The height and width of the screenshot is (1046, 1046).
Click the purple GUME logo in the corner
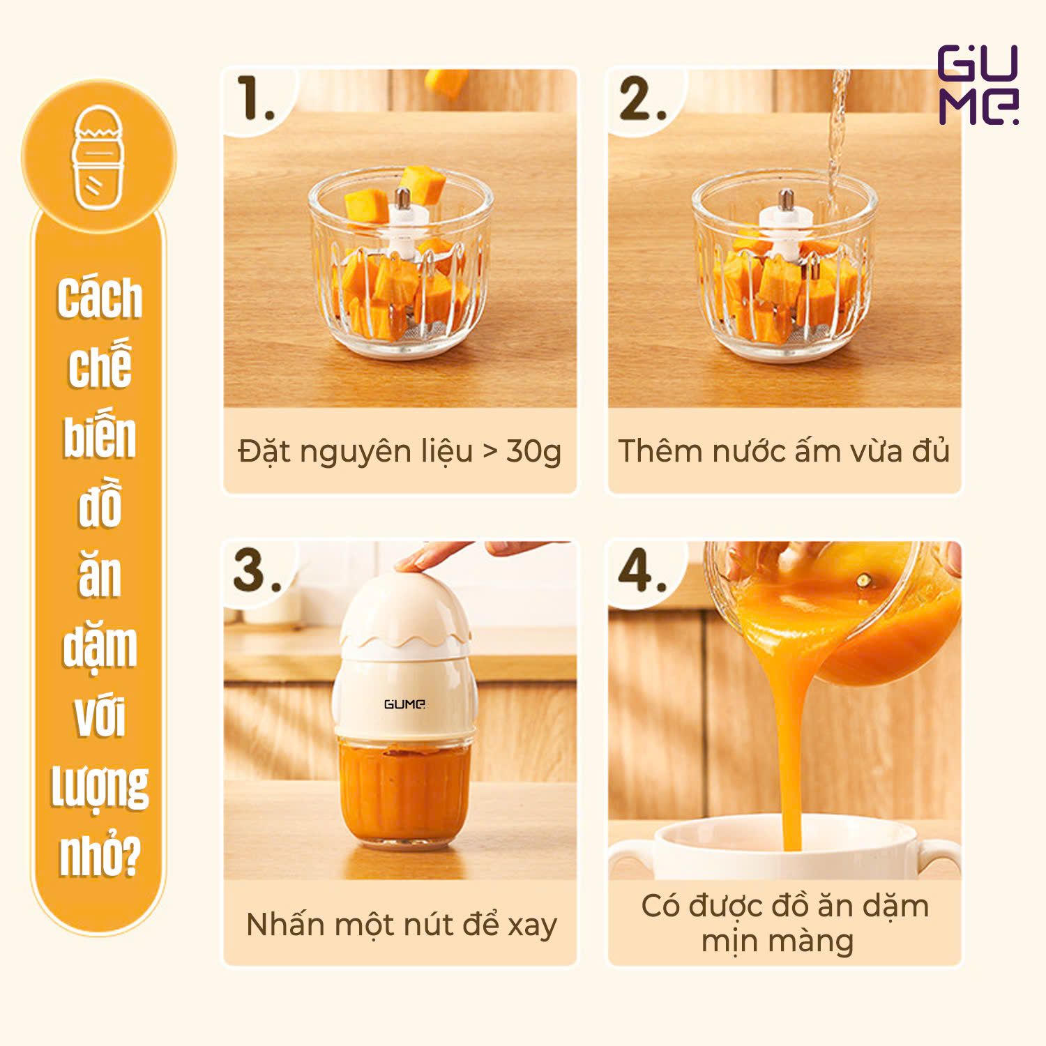tap(978, 85)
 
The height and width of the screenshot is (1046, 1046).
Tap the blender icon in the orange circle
tap(99, 158)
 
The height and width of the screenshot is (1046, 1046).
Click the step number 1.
tap(255, 99)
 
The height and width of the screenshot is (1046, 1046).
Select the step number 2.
tap(642, 99)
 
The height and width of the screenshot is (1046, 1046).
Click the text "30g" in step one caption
tap(533, 451)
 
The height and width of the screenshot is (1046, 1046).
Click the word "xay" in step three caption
tap(532, 925)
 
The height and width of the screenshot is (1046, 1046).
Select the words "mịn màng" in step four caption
tap(778, 941)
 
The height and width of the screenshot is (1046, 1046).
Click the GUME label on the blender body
tap(404, 704)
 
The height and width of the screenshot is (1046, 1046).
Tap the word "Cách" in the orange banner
tap(100, 298)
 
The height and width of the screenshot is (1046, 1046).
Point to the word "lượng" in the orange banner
tap(100, 786)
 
